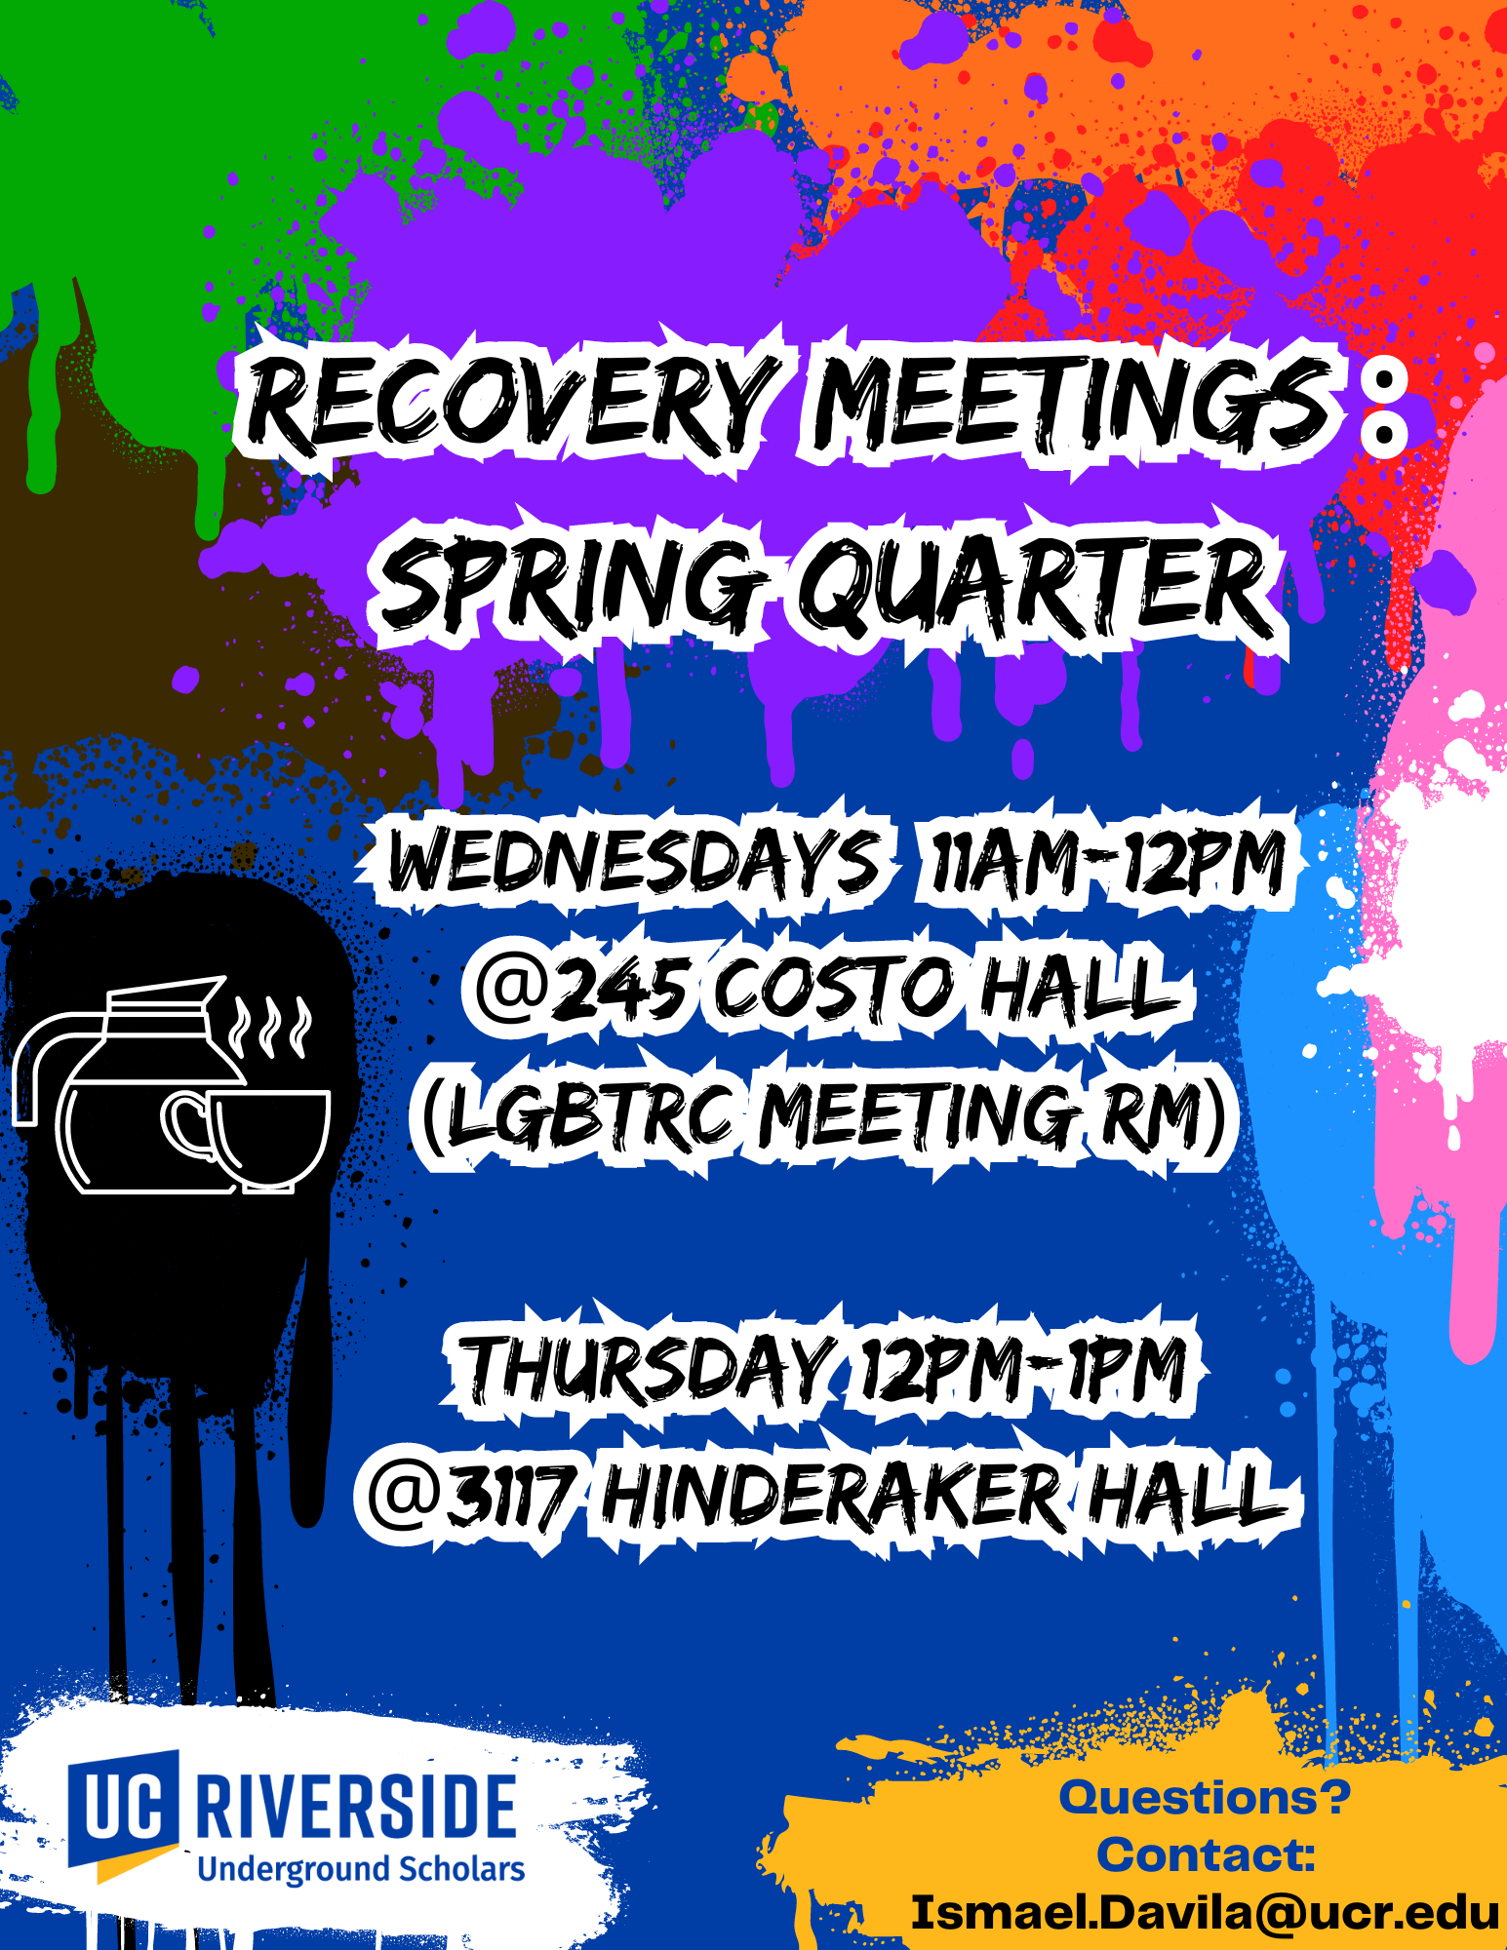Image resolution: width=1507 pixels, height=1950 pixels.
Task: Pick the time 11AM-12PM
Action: (x=1108, y=863)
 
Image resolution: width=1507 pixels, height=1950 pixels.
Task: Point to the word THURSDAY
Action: (x=648, y=1370)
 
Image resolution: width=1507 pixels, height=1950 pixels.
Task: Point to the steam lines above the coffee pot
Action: (x=270, y=1027)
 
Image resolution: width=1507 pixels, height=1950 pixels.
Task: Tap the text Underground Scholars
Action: (x=361, y=1869)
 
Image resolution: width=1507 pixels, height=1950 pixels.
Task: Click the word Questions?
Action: (x=1205, y=1797)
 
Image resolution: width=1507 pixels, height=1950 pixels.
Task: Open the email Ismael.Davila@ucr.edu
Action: (x=1205, y=1913)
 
